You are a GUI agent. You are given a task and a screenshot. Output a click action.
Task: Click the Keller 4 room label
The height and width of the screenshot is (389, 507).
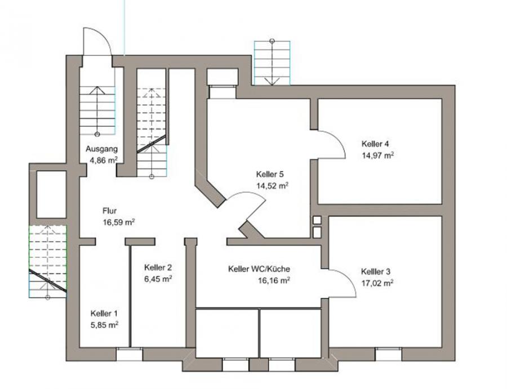[375, 144]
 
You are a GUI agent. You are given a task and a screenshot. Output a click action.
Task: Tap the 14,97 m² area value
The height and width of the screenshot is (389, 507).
[377, 156]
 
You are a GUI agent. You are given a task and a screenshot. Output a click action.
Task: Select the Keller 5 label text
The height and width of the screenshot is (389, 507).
[270, 174]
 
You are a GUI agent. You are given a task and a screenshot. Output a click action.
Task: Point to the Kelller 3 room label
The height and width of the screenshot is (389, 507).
[376, 271]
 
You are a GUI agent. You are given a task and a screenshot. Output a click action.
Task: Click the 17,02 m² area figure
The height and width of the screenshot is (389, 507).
[377, 283]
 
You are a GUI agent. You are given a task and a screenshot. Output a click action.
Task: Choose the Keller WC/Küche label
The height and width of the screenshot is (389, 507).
[259, 269]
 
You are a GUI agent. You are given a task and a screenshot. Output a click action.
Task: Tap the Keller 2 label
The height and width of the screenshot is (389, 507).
[158, 267]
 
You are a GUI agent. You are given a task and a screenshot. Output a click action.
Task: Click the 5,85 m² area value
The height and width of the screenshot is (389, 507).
[104, 325]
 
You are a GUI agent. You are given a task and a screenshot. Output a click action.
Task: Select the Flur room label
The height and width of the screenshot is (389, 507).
[109, 211]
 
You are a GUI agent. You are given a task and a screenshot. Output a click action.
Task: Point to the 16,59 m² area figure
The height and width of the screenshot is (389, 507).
[119, 222]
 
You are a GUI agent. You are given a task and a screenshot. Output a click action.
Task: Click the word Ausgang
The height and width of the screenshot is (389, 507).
[101, 149]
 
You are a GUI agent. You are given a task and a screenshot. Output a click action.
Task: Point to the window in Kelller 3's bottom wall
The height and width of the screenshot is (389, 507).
[388, 355]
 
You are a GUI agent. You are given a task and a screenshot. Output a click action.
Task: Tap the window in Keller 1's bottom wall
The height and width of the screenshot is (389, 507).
[129, 355]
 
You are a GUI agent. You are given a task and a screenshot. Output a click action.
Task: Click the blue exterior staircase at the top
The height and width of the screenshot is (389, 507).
[272, 63]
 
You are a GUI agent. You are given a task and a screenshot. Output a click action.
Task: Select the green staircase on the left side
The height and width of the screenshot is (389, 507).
[48, 260]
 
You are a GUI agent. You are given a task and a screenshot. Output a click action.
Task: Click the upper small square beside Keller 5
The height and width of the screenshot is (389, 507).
[317, 220]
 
